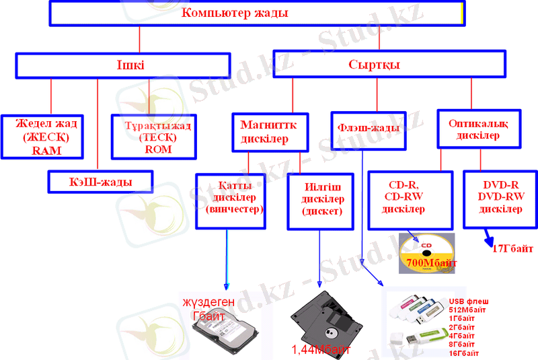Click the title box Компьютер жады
point(256,13)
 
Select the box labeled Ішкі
point(130,65)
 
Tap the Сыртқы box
point(388,65)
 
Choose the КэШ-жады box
point(100,182)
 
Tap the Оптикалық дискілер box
point(477,128)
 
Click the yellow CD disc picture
point(426,253)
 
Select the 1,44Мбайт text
point(321,349)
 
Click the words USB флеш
point(468,301)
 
